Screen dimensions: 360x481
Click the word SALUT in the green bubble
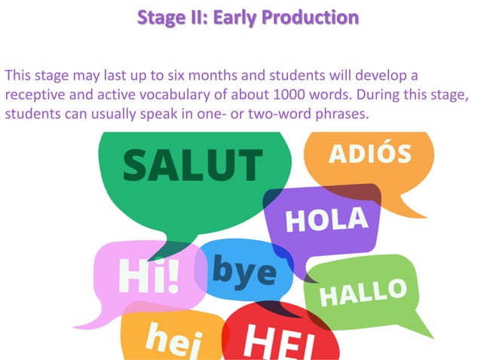click(x=192, y=165)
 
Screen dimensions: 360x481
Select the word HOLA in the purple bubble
click(x=326, y=220)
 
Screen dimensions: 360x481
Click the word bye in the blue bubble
click(x=243, y=268)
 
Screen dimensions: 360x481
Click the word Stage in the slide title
click(x=159, y=16)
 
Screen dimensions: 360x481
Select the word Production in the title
click(x=311, y=16)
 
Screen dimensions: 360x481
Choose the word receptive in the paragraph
click(x=35, y=97)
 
